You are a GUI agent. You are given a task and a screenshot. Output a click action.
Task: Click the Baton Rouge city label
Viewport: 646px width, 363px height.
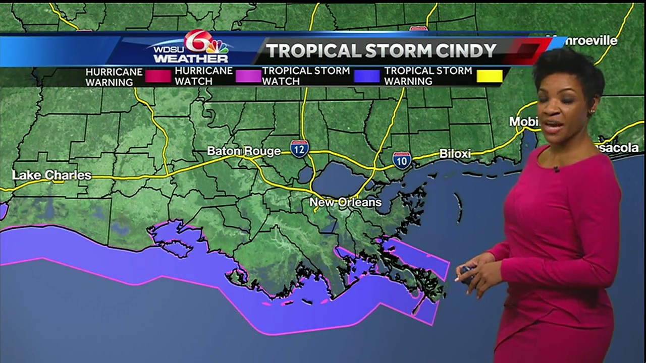point(244,151)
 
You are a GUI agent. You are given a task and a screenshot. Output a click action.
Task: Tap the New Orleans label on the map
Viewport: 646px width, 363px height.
point(345,203)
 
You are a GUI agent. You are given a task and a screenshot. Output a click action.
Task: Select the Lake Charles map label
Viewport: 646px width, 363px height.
point(52,175)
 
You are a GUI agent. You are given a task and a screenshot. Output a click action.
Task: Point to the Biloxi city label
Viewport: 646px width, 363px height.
point(455,153)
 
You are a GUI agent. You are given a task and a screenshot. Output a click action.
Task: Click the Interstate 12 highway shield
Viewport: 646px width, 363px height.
point(299,149)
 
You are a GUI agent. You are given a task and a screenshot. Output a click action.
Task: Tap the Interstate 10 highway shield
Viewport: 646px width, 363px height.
point(402,160)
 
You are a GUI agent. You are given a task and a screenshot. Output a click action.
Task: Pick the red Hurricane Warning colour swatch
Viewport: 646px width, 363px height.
point(158,76)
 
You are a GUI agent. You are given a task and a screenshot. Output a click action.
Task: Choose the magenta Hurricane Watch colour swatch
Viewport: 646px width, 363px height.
point(247,76)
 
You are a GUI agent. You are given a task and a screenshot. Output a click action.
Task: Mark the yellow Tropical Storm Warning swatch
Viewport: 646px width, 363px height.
point(490,76)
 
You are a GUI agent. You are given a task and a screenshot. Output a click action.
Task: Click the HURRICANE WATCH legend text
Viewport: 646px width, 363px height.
point(203,76)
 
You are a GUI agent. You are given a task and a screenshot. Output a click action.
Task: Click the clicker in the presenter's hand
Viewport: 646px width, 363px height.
point(466,273)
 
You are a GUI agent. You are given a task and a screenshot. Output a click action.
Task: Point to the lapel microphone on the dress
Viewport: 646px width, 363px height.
point(556,169)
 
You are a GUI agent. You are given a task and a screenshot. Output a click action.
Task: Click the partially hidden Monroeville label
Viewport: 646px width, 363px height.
point(588,41)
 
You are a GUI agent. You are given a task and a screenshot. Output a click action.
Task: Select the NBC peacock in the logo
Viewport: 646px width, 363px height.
point(218,47)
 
